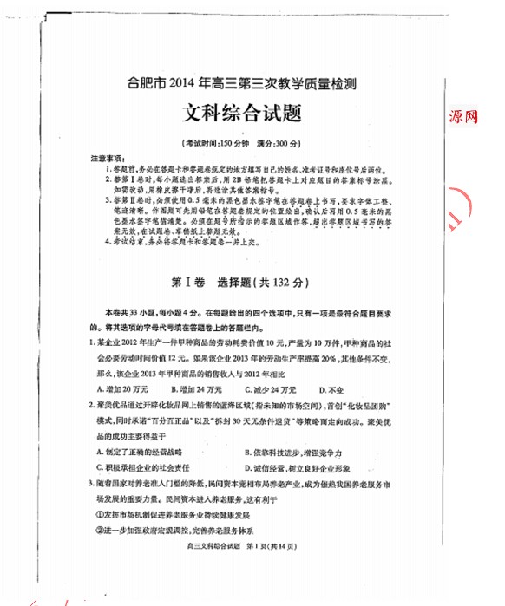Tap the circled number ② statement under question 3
coord(174,530)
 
